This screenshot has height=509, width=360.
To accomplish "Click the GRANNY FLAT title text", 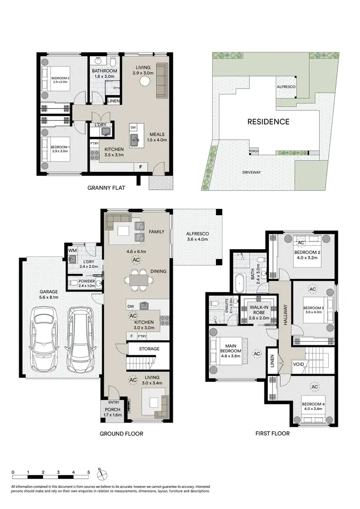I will (107, 188).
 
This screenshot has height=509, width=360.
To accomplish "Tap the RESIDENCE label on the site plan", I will (268, 121).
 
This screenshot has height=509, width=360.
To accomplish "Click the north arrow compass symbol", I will (102, 475).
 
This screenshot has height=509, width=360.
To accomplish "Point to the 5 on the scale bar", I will (88, 473).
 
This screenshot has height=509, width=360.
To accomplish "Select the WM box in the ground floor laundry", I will (72, 250).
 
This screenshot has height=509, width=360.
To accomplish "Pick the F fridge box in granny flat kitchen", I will (140, 167).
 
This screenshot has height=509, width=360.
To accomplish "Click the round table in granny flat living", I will (144, 82).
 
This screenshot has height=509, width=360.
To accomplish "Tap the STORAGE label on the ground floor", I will (149, 348).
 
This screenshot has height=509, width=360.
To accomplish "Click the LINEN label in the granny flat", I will (113, 101).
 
